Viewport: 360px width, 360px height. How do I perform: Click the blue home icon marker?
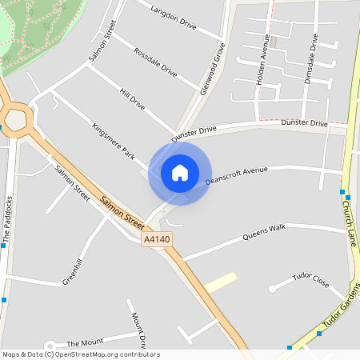(180, 173)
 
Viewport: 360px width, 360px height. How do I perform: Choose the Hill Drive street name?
(131, 100)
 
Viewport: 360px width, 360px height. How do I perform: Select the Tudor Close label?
(310, 280)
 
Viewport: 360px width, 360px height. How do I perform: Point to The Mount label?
(86, 342)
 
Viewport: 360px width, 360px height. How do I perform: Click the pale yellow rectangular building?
(221, 282)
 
